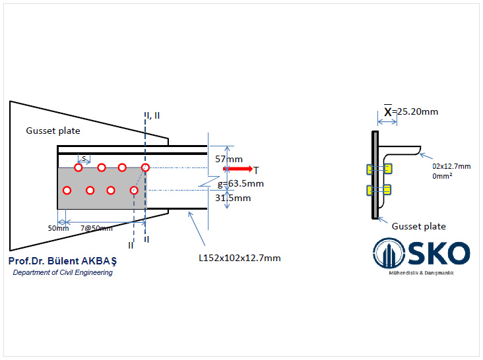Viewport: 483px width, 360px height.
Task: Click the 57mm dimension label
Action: pyautogui.click(x=229, y=159)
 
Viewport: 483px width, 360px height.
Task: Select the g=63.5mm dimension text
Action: pyautogui.click(x=241, y=184)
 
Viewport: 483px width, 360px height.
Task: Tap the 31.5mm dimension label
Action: pyautogui.click(x=234, y=198)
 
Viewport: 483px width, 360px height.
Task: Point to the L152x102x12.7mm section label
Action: pyautogui.click(x=240, y=258)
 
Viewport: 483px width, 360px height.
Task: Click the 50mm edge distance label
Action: pyautogui.click(x=58, y=228)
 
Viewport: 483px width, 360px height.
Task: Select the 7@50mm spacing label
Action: pyautogui.click(x=96, y=228)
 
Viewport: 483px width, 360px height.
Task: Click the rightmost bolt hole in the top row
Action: pyautogui.click(x=145, y=167)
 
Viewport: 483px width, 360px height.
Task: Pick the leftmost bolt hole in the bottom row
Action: pyautogui.click(x=67, y=191)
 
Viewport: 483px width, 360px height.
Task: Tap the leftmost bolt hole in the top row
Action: pyautogui.click(x=79, y=167)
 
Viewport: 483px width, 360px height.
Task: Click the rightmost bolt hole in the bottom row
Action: pyautogui.click(x=134, y=191)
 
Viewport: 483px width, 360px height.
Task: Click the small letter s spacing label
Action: pyautogui.click(x=84, y=158)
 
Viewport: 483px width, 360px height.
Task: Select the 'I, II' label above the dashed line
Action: pyautogui.click(x=153, y=115)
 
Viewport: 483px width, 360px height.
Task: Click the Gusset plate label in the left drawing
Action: pyautogui.click(x=53, y=131)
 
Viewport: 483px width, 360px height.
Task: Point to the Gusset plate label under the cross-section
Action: pyautogui.click(x=419, y=226)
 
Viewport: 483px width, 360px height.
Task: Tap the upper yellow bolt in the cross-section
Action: pyautogui.click(x=374, y=169)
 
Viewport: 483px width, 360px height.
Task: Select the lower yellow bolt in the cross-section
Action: pyautogui.click(x=374, y=190)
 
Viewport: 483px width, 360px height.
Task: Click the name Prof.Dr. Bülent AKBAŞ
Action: pyautogui.click(x=63, y=261)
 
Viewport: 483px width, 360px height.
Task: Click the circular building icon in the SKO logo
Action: pyautogui.click(x=388, y=253)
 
